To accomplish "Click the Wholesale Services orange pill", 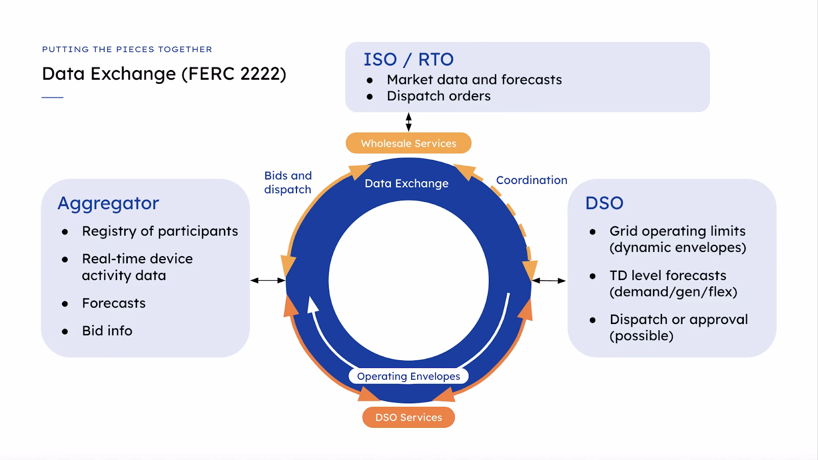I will (408, 143).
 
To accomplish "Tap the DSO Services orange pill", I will (408, 417).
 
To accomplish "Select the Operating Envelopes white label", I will (408, 376).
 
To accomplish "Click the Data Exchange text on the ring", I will (406, 183).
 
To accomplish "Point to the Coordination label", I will (531, 180).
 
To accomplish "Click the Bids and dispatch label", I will (288, 182).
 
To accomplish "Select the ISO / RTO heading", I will (408, 59).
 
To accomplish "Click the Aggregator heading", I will (108, 203).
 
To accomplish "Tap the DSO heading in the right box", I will (604, 203).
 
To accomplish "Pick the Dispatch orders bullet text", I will (438, 96).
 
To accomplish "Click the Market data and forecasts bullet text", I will (474, 80).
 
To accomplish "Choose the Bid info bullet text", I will (107, 331).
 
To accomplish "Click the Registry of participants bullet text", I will (160, 231).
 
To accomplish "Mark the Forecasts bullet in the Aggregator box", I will (113, 303).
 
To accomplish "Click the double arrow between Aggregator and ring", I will (267, 280).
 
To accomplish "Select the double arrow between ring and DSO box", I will (549, 280).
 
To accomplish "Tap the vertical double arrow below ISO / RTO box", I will (408, 122).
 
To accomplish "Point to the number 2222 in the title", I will (260, 74).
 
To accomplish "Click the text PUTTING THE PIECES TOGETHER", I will (127, 50).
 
